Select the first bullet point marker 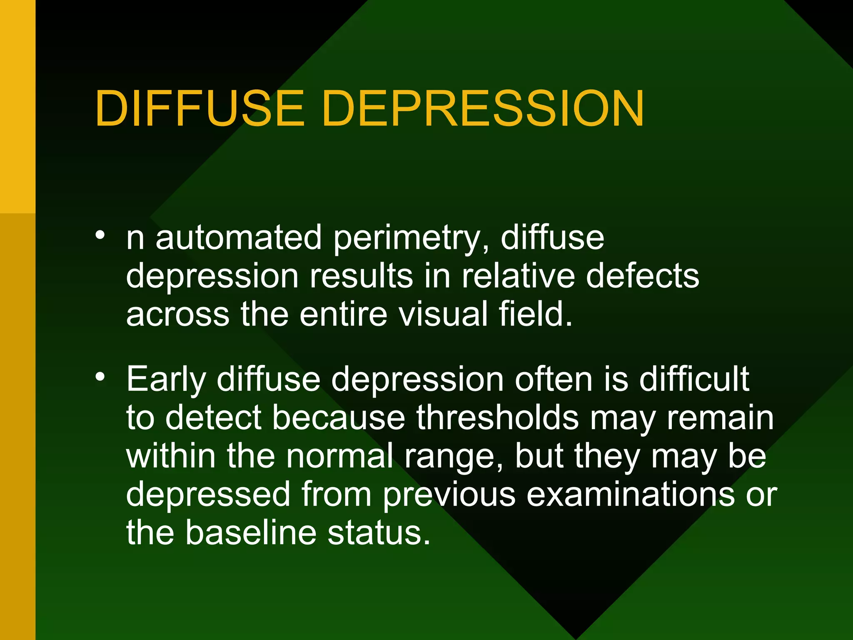click(100, 235)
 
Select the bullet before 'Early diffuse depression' click(100, 377)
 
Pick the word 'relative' click(518, 276)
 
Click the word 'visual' click(443, 314)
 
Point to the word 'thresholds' click(497, 417)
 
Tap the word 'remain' click(720, 418)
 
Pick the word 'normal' click(340, 456)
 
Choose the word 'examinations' click(631, 494)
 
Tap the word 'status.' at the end click(379, 533)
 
